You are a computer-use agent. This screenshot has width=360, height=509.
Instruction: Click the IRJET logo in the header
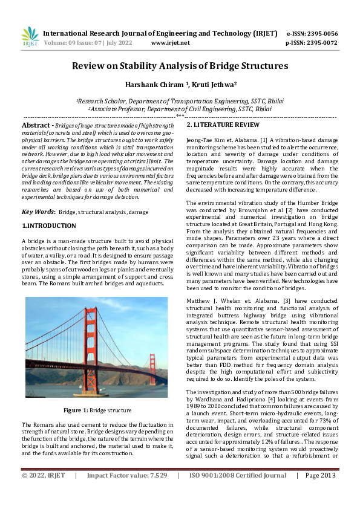[x=30, y=37]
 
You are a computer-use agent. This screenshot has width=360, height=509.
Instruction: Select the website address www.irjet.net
[x=170, y=43]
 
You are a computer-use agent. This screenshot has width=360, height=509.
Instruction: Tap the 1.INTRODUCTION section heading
[x=49, y=225]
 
